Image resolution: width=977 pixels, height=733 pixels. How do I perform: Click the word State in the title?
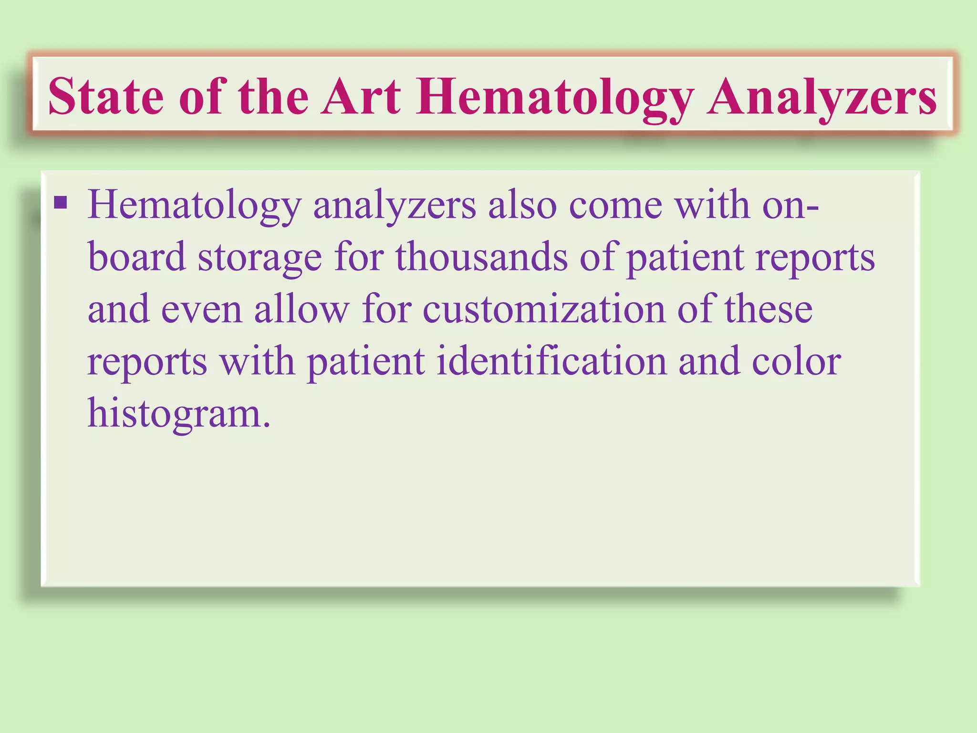point(106,97)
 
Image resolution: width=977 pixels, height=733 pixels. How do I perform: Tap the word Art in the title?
point(360,97)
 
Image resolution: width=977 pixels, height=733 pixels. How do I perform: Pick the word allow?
point(301,309)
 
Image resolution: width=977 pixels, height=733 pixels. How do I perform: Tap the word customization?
point(544,309)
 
